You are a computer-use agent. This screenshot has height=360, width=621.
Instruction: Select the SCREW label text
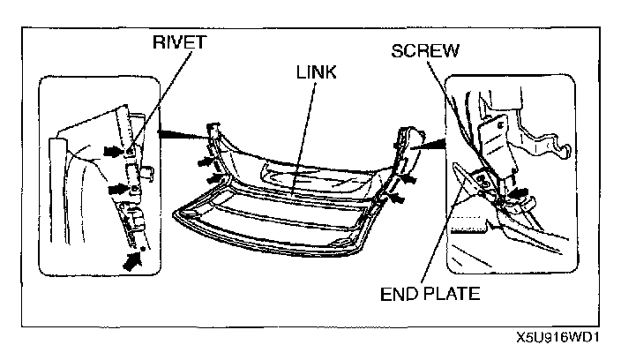point(426,49)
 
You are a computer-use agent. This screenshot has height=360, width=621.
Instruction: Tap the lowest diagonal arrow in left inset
point(132,259)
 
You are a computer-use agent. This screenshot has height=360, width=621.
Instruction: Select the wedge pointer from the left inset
point(181,133)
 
